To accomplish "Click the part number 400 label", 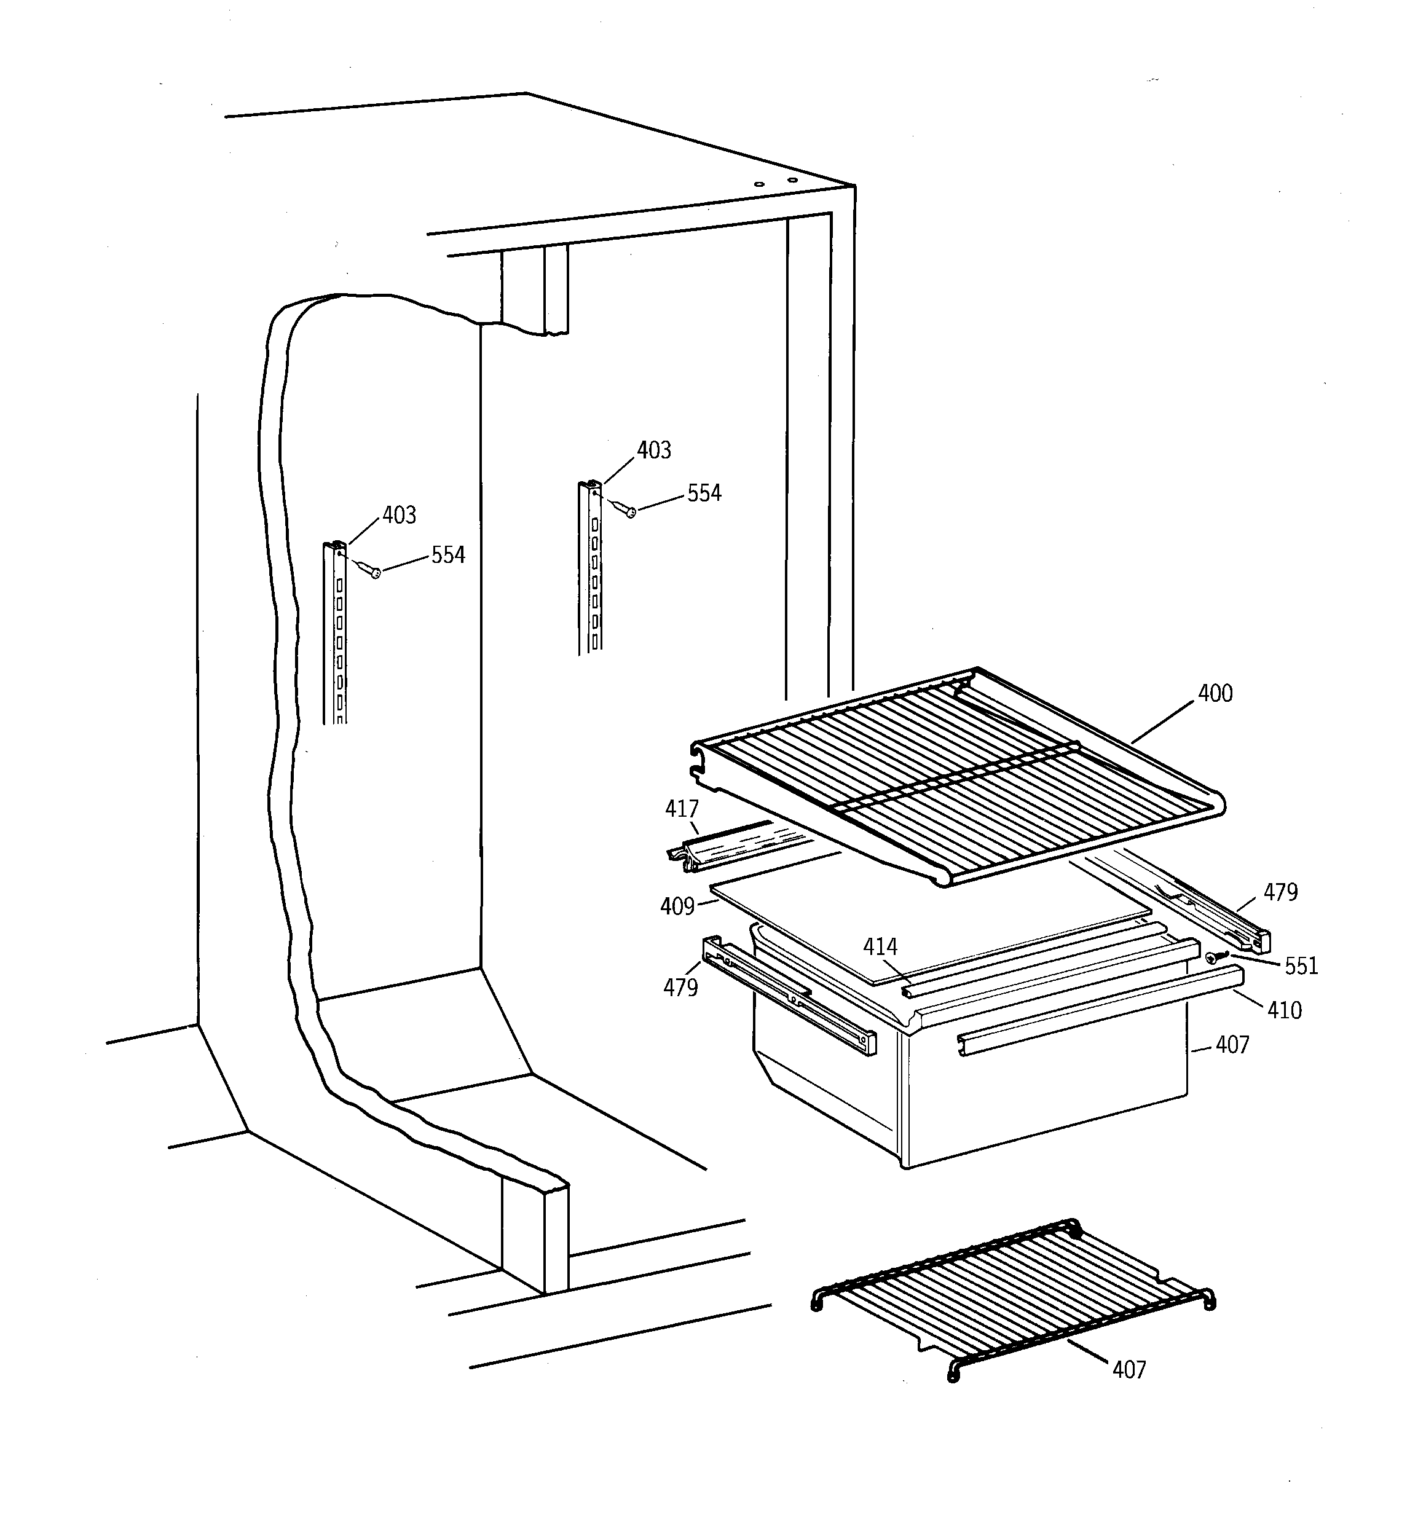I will coord(1215,694).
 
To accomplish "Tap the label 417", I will coord(681,809).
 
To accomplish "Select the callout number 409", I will coord(677,906).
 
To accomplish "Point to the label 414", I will coord(880,947).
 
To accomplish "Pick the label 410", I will coord(1283,1011).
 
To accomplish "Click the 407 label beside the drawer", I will coord(1232,1045).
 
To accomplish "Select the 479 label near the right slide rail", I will coord(1280,892).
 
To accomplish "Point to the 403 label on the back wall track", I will coord(653,450).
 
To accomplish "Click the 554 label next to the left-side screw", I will coord(448,556).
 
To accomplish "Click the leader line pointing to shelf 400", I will coord(1164,718).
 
